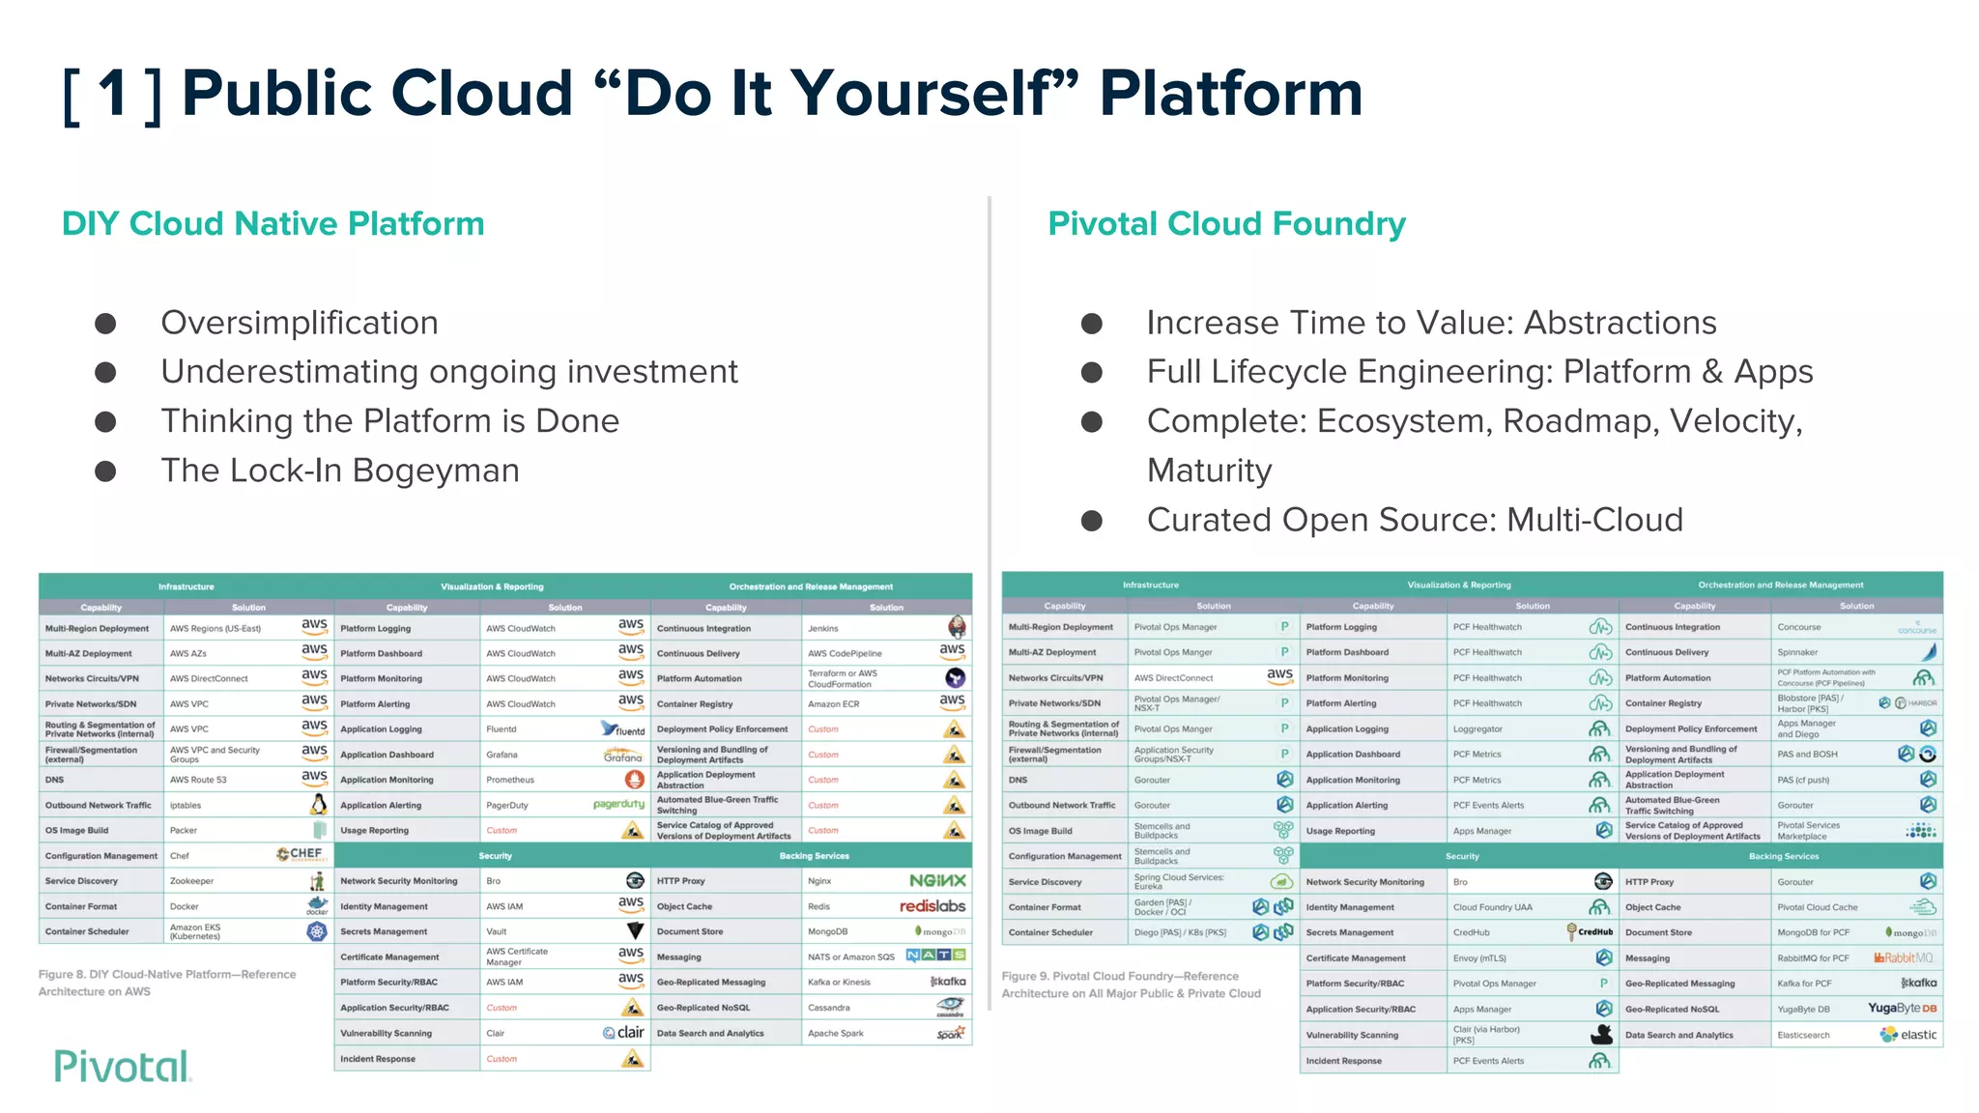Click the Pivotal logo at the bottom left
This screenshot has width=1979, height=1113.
coord(123,1066)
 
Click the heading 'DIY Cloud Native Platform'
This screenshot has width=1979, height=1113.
coord(272,224)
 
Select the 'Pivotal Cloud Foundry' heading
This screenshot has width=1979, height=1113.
coord(1226,224)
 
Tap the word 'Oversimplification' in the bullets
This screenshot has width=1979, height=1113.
coord(300,323)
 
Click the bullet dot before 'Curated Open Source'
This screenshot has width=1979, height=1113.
coord(1092,521)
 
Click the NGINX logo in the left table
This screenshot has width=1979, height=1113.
coord(936,880)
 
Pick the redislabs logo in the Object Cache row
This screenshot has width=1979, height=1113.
coord(932,906)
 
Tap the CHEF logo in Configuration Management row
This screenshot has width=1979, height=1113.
coord(301,854)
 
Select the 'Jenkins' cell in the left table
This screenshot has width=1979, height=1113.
coord(823,628)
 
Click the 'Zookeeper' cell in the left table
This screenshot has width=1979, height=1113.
coord(191,881)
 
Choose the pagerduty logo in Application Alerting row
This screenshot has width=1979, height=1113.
coord(618,804)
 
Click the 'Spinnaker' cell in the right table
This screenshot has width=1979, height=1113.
coord(1797,652)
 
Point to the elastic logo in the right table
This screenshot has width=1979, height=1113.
coord(1907,1035)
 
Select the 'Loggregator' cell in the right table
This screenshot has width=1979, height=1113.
coord(1477,729)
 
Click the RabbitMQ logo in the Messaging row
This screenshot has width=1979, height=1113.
coord(1903,957)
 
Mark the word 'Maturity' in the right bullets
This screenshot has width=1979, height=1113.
coord(1209,471)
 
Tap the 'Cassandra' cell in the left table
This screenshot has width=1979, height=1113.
coord(829,1008)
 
